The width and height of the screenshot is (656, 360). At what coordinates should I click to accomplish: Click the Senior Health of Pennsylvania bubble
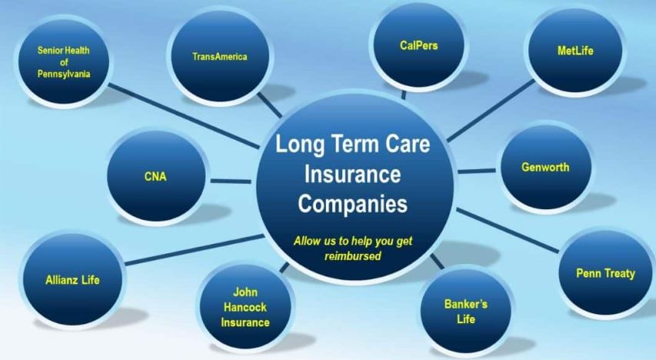pos(64,62)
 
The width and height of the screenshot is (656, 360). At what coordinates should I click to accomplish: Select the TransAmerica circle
pos(220,57)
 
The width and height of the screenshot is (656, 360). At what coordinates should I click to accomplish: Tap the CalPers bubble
pos(418,47)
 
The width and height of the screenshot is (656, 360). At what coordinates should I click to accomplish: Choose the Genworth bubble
pos(545,167)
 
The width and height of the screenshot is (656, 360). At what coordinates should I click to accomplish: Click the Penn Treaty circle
pos(605,274)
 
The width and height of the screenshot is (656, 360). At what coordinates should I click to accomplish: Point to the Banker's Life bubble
pos(465,311)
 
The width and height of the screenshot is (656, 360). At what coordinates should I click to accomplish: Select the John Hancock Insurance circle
pos(245,307)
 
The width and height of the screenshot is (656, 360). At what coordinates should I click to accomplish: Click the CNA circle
pos(155,176)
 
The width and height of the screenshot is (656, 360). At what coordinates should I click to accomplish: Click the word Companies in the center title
pos(352,205)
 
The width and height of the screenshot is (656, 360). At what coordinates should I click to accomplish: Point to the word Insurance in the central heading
pos(352,175)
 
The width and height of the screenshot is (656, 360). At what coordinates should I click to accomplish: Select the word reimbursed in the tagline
pos(353,255)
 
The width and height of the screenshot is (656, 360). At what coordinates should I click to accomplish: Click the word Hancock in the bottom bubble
pos(245,307)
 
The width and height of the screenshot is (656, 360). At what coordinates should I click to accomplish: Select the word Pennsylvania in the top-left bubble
pos(64,74)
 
